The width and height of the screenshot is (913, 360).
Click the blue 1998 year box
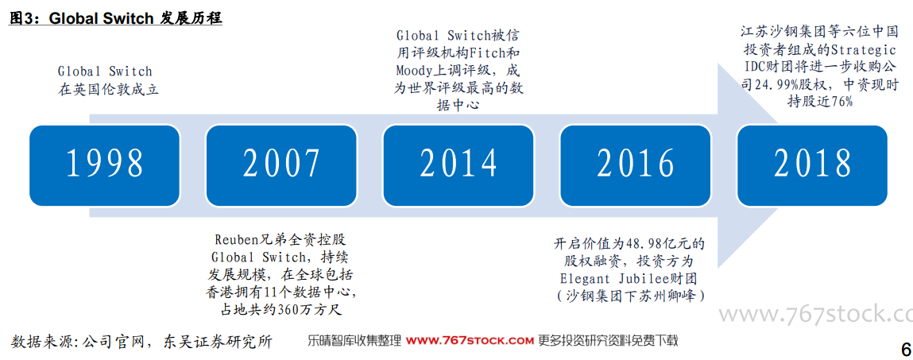105,165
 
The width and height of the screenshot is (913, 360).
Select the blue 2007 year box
282,165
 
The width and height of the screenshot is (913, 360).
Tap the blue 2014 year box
458,165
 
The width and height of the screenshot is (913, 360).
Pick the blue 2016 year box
635,165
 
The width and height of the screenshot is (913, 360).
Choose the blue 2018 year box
812,165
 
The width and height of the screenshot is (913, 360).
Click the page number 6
905,350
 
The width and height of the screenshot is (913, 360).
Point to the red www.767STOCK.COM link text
470,340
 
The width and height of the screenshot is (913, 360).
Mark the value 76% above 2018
842,102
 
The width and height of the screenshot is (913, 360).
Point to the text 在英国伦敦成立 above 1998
108,91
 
